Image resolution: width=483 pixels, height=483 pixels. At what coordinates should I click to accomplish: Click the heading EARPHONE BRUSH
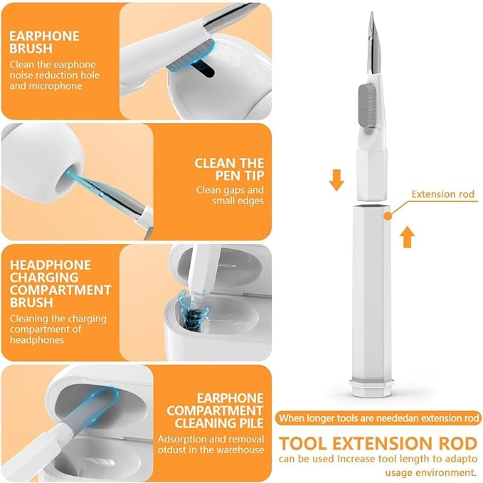[45, 43]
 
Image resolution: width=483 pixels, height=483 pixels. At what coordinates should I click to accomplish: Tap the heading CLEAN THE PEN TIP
[229, 170]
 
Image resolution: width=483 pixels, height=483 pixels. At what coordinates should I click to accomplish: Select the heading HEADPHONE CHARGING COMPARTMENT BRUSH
[60, 283]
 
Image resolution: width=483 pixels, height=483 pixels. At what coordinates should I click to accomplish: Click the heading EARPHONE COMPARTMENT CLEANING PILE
[230, 411]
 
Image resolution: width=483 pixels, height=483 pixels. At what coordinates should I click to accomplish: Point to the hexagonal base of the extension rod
[370, 387]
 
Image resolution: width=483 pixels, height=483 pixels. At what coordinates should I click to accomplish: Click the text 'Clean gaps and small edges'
[230, 196]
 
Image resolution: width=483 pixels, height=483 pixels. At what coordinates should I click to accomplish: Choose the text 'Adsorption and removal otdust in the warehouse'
[211, 444]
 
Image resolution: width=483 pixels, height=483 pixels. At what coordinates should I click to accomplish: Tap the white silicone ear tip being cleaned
[38, 167]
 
